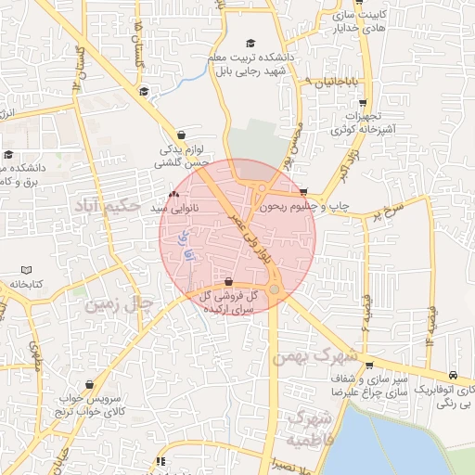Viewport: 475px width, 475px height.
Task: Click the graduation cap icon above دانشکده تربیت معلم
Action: click(x=249, y=44)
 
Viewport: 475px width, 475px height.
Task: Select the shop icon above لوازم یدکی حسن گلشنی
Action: click(x=180, y=135)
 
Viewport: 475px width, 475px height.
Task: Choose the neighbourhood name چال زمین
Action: click(x=116, y=303)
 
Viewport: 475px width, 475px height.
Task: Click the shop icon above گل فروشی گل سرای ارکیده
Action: click(x=228, y=281)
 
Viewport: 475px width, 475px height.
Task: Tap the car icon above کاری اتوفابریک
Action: click(x=452, y=376)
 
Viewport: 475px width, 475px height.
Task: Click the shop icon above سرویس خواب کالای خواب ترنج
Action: click(x=88, y=383)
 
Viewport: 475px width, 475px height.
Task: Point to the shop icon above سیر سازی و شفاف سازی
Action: click(x=369, y=365)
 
